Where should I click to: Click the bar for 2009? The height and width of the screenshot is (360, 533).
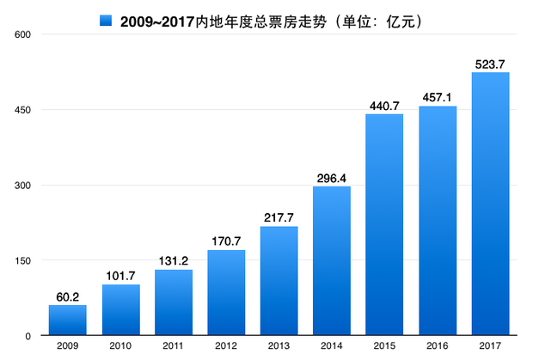[68, 320]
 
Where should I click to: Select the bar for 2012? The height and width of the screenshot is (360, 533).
[226, 292]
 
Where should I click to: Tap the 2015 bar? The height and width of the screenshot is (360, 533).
[384, 224]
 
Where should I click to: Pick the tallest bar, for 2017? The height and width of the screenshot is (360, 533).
[491, 204]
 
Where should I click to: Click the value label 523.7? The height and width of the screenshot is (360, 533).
[490, 64]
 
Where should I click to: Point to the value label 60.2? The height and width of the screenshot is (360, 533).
[68, 297]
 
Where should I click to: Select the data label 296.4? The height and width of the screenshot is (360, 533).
[332, 179]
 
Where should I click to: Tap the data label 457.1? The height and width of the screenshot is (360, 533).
[437, 98]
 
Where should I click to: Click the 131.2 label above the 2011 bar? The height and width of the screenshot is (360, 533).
[174, 261]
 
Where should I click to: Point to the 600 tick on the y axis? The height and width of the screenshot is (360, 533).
[22, 34]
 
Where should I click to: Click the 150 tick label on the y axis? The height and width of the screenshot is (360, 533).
[22, 261]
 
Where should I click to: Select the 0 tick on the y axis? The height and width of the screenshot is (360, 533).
[28, 336]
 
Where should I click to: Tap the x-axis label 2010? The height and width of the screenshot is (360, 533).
[120, 345]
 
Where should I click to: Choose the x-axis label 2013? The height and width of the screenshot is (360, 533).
[279, 345]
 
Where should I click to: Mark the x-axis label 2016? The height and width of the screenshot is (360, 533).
[437, 345]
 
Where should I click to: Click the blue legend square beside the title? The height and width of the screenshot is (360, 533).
[106, 21]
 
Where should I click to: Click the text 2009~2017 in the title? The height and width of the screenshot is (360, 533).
[157, 21]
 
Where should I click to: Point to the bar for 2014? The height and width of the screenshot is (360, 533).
[332, 261]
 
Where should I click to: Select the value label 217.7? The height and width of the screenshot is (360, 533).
[279, 217]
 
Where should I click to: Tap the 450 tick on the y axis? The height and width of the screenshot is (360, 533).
[22, 110]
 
